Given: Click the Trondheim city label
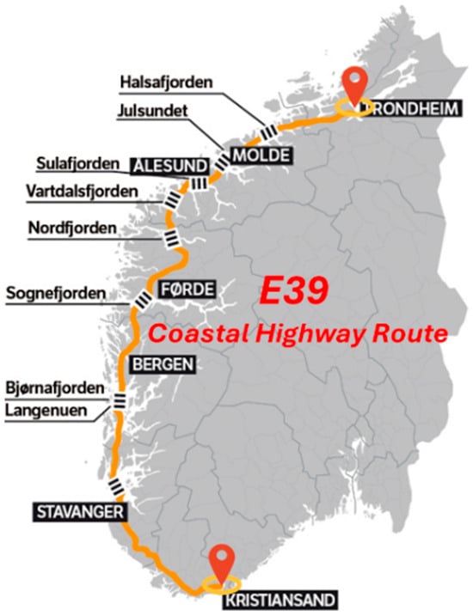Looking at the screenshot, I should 408,109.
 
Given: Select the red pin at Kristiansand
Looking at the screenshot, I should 223,563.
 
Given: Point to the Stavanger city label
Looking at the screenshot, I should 79,513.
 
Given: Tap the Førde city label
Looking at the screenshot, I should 186,288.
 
